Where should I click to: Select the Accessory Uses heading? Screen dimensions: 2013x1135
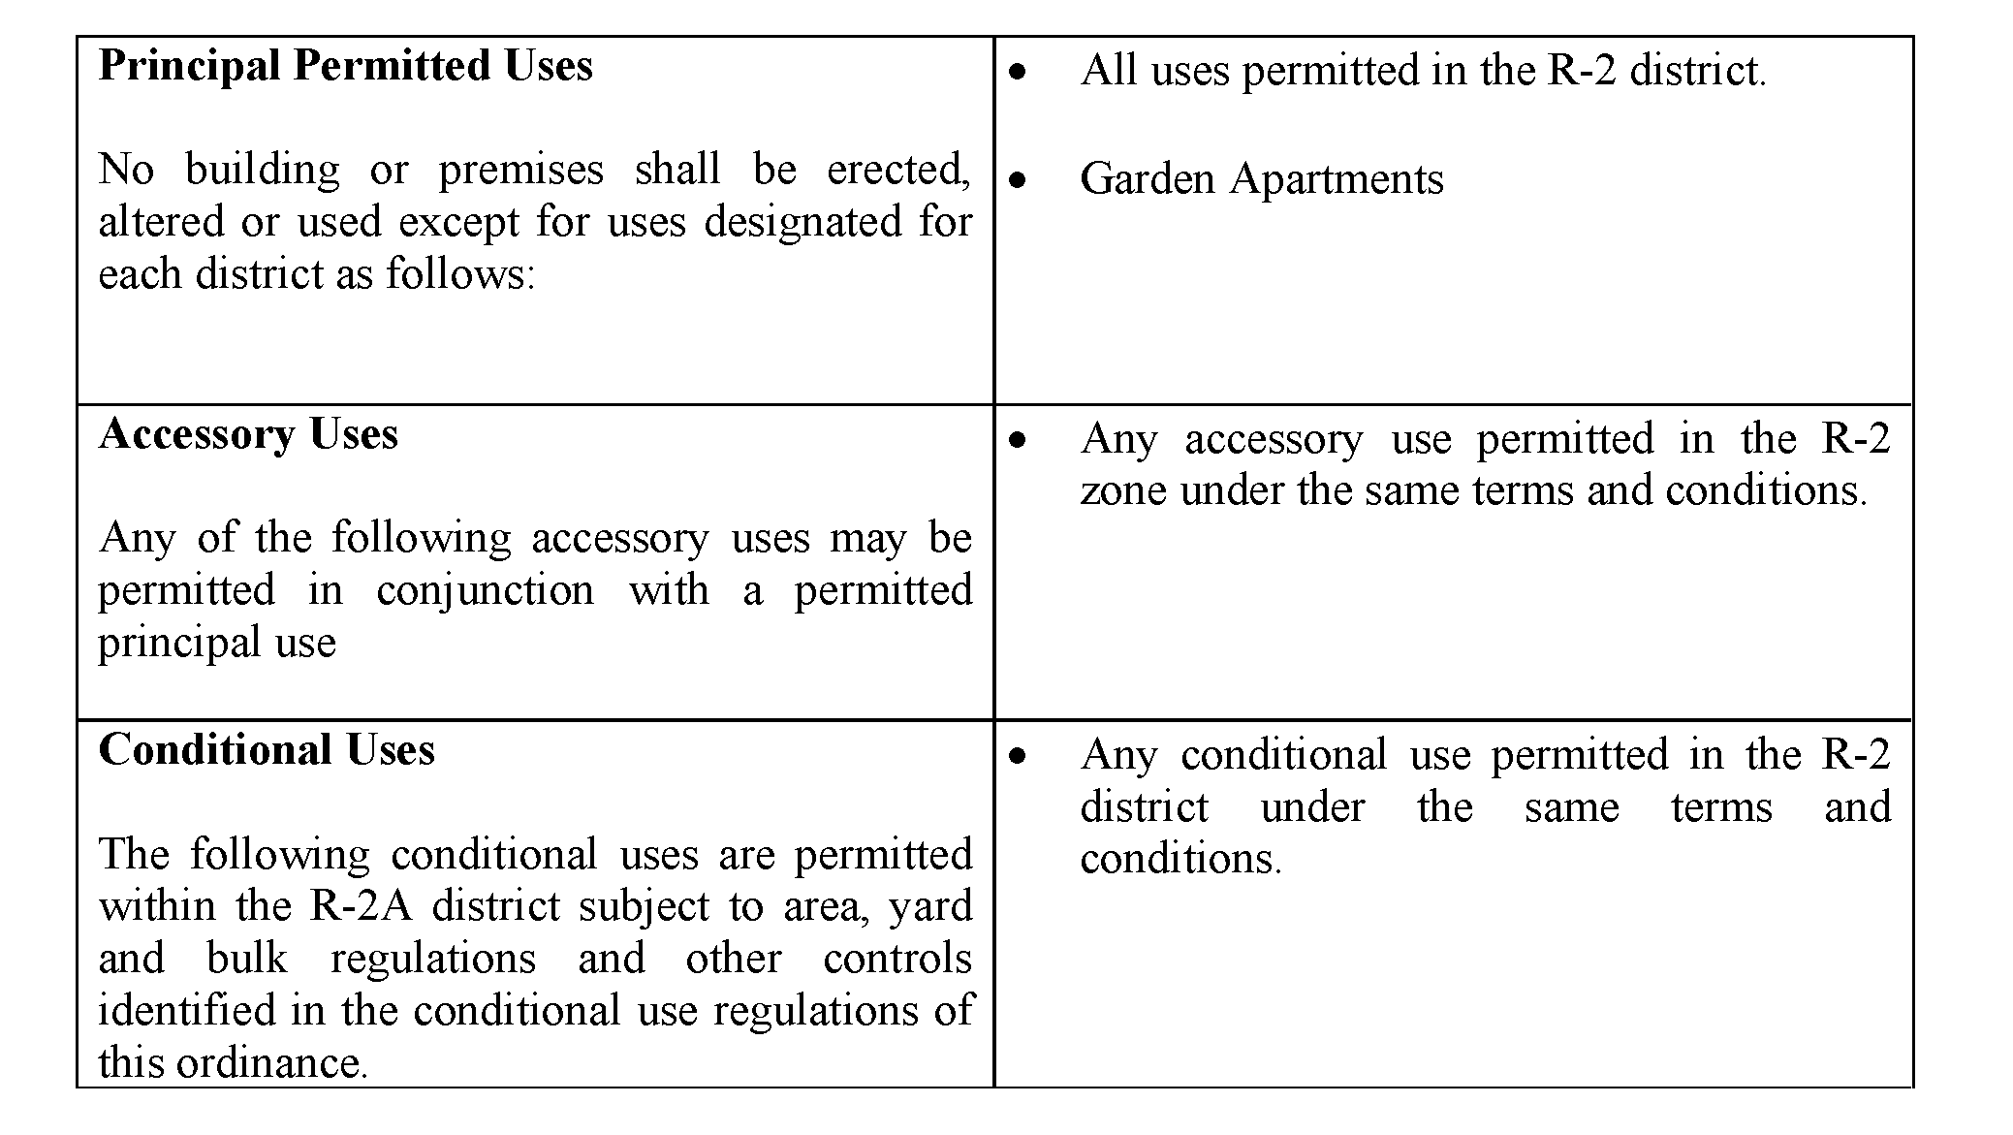pyautogui.click(x=248, y=434)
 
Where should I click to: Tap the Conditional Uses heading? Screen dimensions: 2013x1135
pyautogui.click(x=267, y=749)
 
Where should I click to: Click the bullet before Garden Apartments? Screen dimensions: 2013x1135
pyautogui.click(x=1017, y=180)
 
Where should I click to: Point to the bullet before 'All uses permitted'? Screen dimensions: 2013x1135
pyautogui.click(x=1017, y=72)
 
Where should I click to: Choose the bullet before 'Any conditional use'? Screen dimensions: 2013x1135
pyautogui.click(x=1017, y=756)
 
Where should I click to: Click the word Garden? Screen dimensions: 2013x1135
pyautogui.click(x=1148, y=179)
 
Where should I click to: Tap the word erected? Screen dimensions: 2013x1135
pyautogui.click(x=898, y=171)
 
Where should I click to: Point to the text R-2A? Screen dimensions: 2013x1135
pyautogui.click(x=361, y=906)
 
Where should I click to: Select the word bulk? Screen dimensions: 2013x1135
pyautogui.click(x=247, y=959)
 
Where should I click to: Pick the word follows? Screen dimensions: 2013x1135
pyautogui.click(x=460, y=275)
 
